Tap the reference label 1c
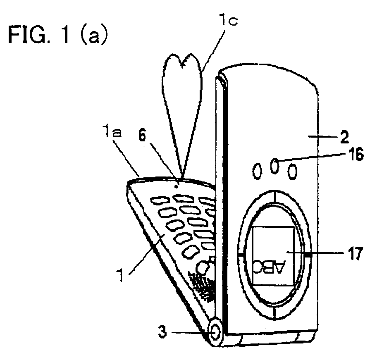point(229,20)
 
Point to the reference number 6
point(142,136)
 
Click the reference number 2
point(344,138)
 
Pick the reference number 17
point(354,254)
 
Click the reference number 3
point(162,332)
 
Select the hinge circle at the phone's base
point(215,332)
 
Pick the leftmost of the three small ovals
point(257,172)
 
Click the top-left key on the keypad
point(158,200)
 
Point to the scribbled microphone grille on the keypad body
point(202,285)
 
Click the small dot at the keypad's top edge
point(177,186)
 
